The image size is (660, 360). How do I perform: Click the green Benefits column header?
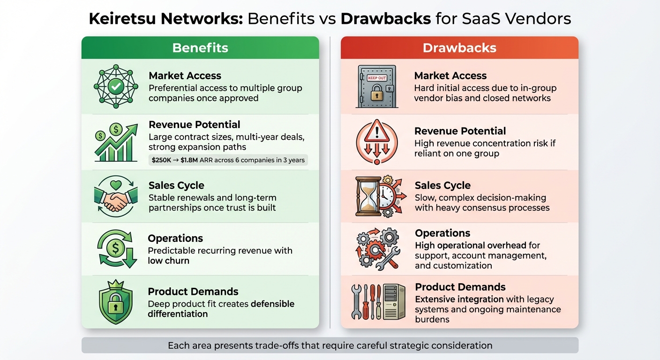pos(200,48)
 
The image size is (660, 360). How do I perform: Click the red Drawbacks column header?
pos(459,48)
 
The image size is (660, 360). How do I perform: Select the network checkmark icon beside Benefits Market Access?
pos(116,86)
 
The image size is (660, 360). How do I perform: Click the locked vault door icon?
pos(376,86)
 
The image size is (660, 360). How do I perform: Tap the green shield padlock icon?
pos(116,302)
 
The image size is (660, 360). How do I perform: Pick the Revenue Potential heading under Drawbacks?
pos(460,131)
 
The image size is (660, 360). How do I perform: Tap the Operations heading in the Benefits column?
pos(175,238)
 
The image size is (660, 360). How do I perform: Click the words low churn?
pos(168,261)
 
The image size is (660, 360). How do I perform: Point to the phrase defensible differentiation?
pos(220,309)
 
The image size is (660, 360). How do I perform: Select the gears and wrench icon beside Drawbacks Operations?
pos(376,249)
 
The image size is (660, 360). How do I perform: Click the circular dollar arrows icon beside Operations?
pos(116,249)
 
